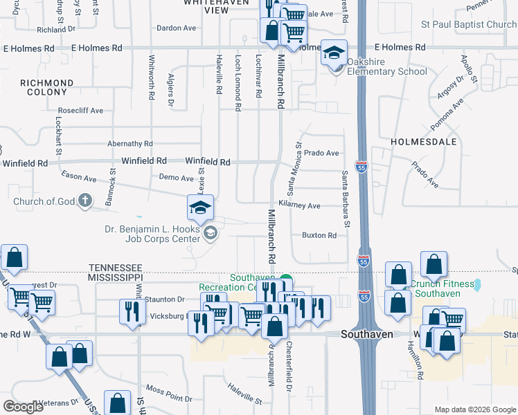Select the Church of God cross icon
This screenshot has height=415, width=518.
(x=85, y=202)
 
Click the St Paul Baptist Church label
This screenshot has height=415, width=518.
(x=469, y=25)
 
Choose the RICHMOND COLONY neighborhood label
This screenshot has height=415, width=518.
(x=46, y=88)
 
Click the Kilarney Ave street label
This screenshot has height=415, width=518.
(x=299, y=205)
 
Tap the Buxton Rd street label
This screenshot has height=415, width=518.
(x=319, y=235)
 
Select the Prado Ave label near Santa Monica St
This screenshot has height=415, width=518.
(x=321, y=153)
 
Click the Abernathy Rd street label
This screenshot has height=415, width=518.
(x=129, y=144)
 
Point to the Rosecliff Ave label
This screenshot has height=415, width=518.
(x=80, y=111)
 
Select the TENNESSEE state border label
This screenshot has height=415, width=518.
(x=115, y=268)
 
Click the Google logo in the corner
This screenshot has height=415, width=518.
(x=24, y=407)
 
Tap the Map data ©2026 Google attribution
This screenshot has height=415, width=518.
(x=474, y=409)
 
